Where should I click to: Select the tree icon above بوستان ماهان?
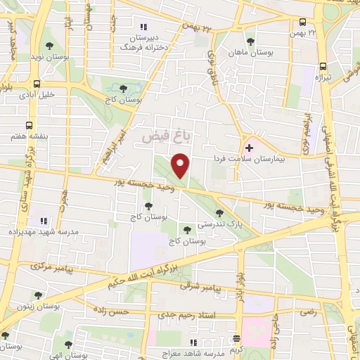pyautogui.click(x=250, y=41)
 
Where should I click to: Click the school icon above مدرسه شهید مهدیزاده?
pyautogui.click(x=42, y=221)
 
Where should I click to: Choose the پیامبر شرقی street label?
pyautogui.click(x=200, y=288)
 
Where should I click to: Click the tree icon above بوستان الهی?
pyautogui.click(x=68, y=344)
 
